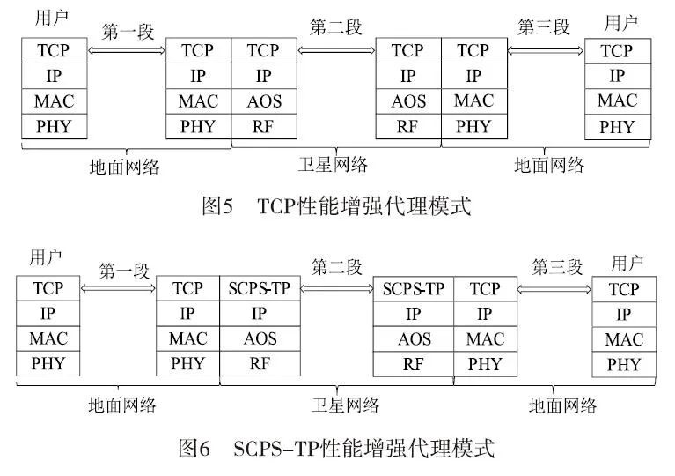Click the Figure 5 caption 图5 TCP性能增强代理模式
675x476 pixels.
click(x=336, y=207)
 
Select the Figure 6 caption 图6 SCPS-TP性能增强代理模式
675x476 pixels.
click(x=336, y=448)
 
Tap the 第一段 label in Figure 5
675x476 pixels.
click(x=128, y=33)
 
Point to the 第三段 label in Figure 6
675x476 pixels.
click(x=557, y=267)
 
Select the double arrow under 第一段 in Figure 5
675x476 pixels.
click(x=128, y=51)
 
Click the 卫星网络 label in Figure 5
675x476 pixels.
click(x=333, y=164)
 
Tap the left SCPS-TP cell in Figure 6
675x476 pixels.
click(x=259, y=288)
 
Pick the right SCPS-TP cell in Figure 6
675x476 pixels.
click(x=413, y=288)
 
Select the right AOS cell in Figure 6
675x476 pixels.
click(x=413, y=338)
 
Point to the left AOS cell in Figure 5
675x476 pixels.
click(x=264, y=101)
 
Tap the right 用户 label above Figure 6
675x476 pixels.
click(x=624, y=263)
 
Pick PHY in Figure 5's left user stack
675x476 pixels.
click(x=54, y=126)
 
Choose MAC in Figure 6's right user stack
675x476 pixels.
click(x=624, y=339)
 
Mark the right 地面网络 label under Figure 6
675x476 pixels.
click(x=563, y=405)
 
